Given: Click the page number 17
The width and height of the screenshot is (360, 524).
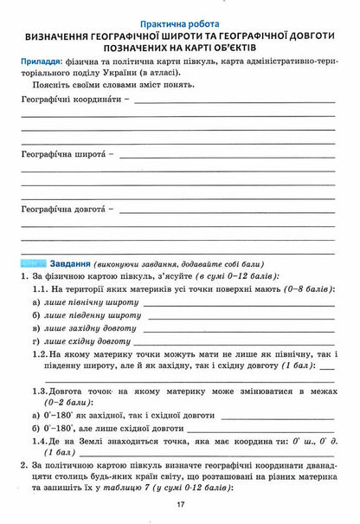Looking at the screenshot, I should (180, 505).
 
